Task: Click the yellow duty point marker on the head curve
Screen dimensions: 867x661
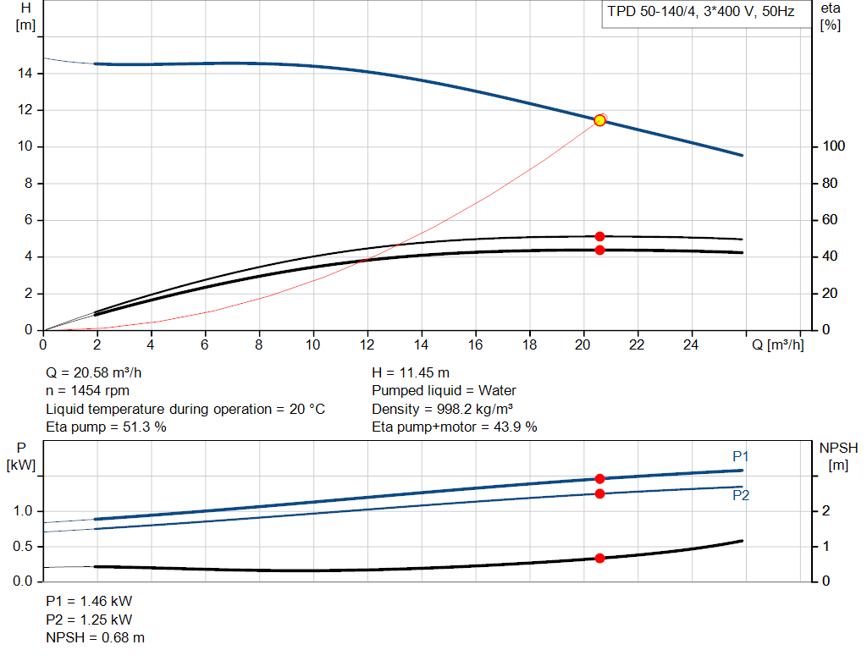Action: (599, 120)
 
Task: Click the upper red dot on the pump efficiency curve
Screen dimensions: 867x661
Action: (600, 236)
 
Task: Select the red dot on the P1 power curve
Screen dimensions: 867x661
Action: (600, 479)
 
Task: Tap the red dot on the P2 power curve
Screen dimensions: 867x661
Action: (600, 493)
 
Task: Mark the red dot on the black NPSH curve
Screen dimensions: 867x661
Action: (600, 559)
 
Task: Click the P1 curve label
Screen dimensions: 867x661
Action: (740, 456)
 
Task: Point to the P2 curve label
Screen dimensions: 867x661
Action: (741, 495)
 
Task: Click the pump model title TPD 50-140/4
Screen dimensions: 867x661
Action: (652, 12)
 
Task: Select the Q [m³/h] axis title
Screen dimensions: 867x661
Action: (777, 344)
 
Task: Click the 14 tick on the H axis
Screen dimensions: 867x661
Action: (25, 73)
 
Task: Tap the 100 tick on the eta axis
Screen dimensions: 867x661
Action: (833, 146)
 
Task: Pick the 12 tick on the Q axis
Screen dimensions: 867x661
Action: (367, 344)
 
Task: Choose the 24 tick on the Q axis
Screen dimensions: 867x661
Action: (691, 344)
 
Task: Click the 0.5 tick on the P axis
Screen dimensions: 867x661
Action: (22, 546)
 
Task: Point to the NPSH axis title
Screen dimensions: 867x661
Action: (838, 456)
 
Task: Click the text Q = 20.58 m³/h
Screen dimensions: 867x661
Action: (93, 372)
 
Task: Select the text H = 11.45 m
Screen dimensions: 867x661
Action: (411, 372)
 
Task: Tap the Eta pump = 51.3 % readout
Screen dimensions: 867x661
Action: (106, 427)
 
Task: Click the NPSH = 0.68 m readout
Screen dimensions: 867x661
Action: (95, 638)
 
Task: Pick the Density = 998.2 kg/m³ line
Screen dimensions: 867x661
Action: (442, 409)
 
